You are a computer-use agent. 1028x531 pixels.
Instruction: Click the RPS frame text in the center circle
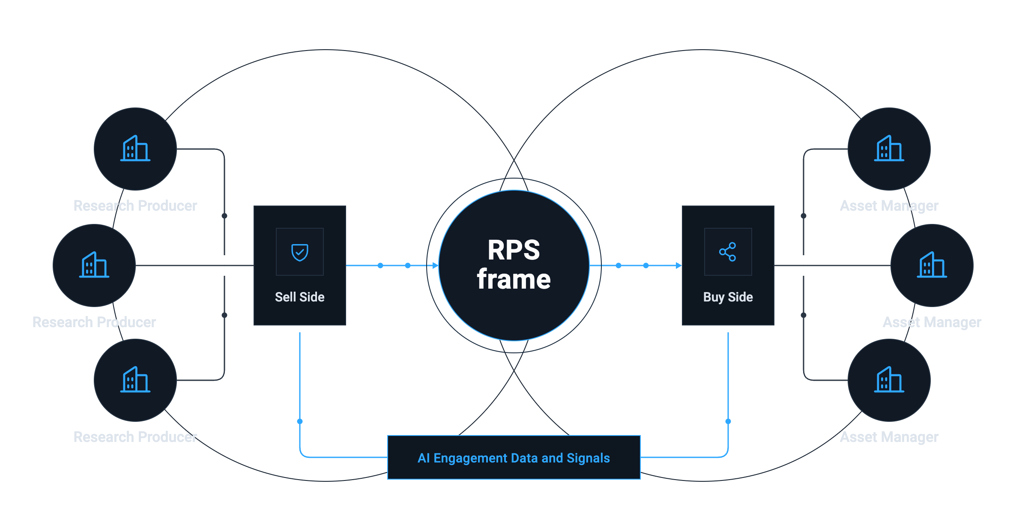[514, 265]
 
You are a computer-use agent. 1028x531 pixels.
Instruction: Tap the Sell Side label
[300, 297]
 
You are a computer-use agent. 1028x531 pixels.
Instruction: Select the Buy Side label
[728, 297]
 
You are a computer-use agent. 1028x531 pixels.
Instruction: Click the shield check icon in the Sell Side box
[300, 252]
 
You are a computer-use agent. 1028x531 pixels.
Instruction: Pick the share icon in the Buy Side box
[728, 252]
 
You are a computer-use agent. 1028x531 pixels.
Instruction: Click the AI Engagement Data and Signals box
[514, 457]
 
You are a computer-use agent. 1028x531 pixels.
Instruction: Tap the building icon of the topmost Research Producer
[135, 148]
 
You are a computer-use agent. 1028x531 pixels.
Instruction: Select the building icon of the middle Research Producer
[94, 265]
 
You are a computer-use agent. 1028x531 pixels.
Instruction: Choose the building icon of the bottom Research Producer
[135, 379]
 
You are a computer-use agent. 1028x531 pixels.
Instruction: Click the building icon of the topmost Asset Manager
[889, 148]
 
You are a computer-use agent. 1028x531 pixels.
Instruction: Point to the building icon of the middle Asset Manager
[932, 265]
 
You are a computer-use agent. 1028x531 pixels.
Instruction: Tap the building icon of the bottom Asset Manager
[889, 379]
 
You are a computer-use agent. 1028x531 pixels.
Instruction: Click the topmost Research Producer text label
[135, 206]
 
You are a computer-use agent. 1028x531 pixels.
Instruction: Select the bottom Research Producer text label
[135, 437]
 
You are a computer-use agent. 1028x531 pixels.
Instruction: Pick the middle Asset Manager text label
[932, 322]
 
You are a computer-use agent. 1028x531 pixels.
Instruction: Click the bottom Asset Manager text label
[889, 437]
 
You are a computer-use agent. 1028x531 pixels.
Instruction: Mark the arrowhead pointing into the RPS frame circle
[436, 265]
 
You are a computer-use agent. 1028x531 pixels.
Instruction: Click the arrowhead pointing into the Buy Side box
[678, 265]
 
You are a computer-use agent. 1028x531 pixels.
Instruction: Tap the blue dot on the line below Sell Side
[300, 421]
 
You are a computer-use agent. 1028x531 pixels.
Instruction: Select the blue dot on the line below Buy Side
[728, 421]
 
